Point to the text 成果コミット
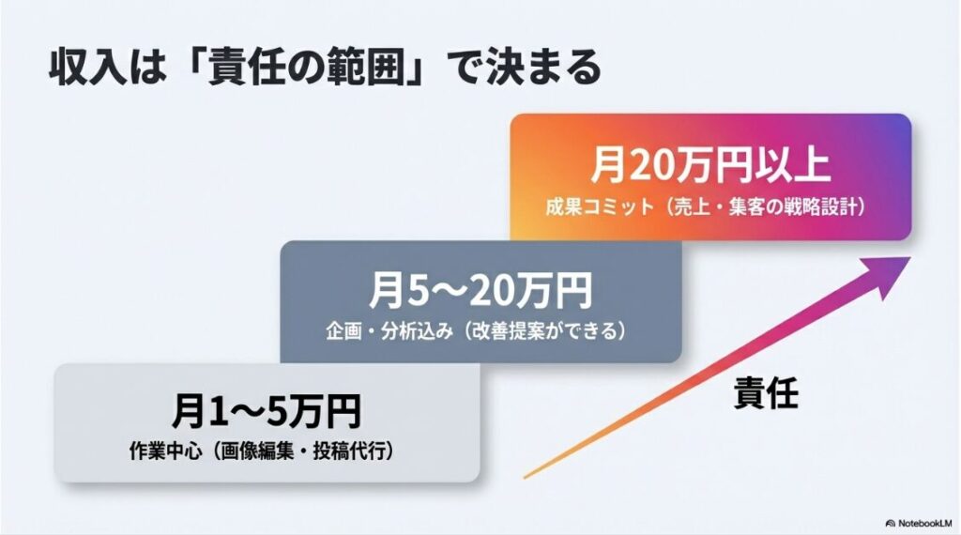click(597, 207)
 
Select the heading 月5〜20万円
click(480, 291)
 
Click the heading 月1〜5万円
click(267, 411)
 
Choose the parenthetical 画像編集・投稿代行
click(299, 451)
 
